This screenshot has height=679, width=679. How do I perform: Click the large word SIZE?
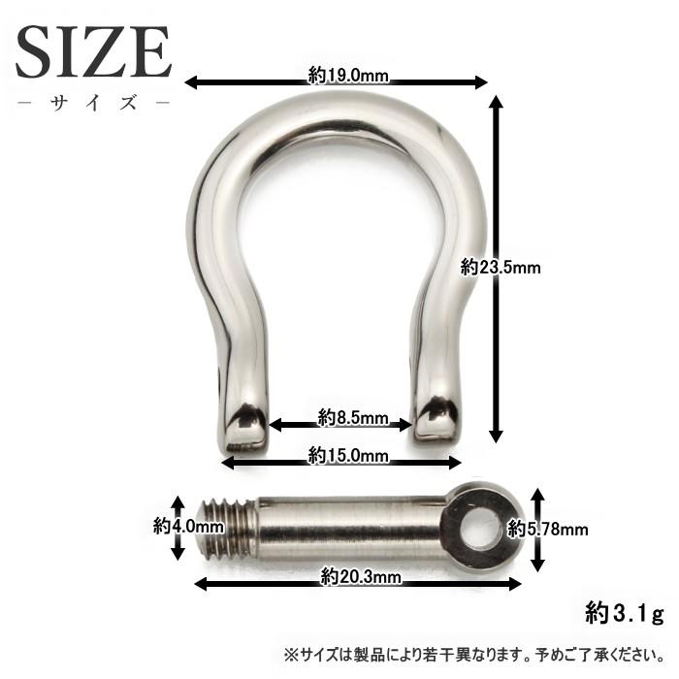tap(93, 52)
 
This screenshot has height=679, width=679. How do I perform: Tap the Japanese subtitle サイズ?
tap(93, 102)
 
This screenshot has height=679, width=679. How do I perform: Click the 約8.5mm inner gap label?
tap(353, 419)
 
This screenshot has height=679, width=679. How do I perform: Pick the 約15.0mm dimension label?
tap(348, 455)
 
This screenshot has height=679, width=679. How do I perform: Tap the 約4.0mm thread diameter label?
tap(188, 527)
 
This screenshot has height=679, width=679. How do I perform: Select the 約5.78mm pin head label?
tap(549, 529)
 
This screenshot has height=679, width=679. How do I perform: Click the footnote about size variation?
tap(474, 654)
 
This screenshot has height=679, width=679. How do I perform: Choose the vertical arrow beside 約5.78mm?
tap(535, 529)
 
